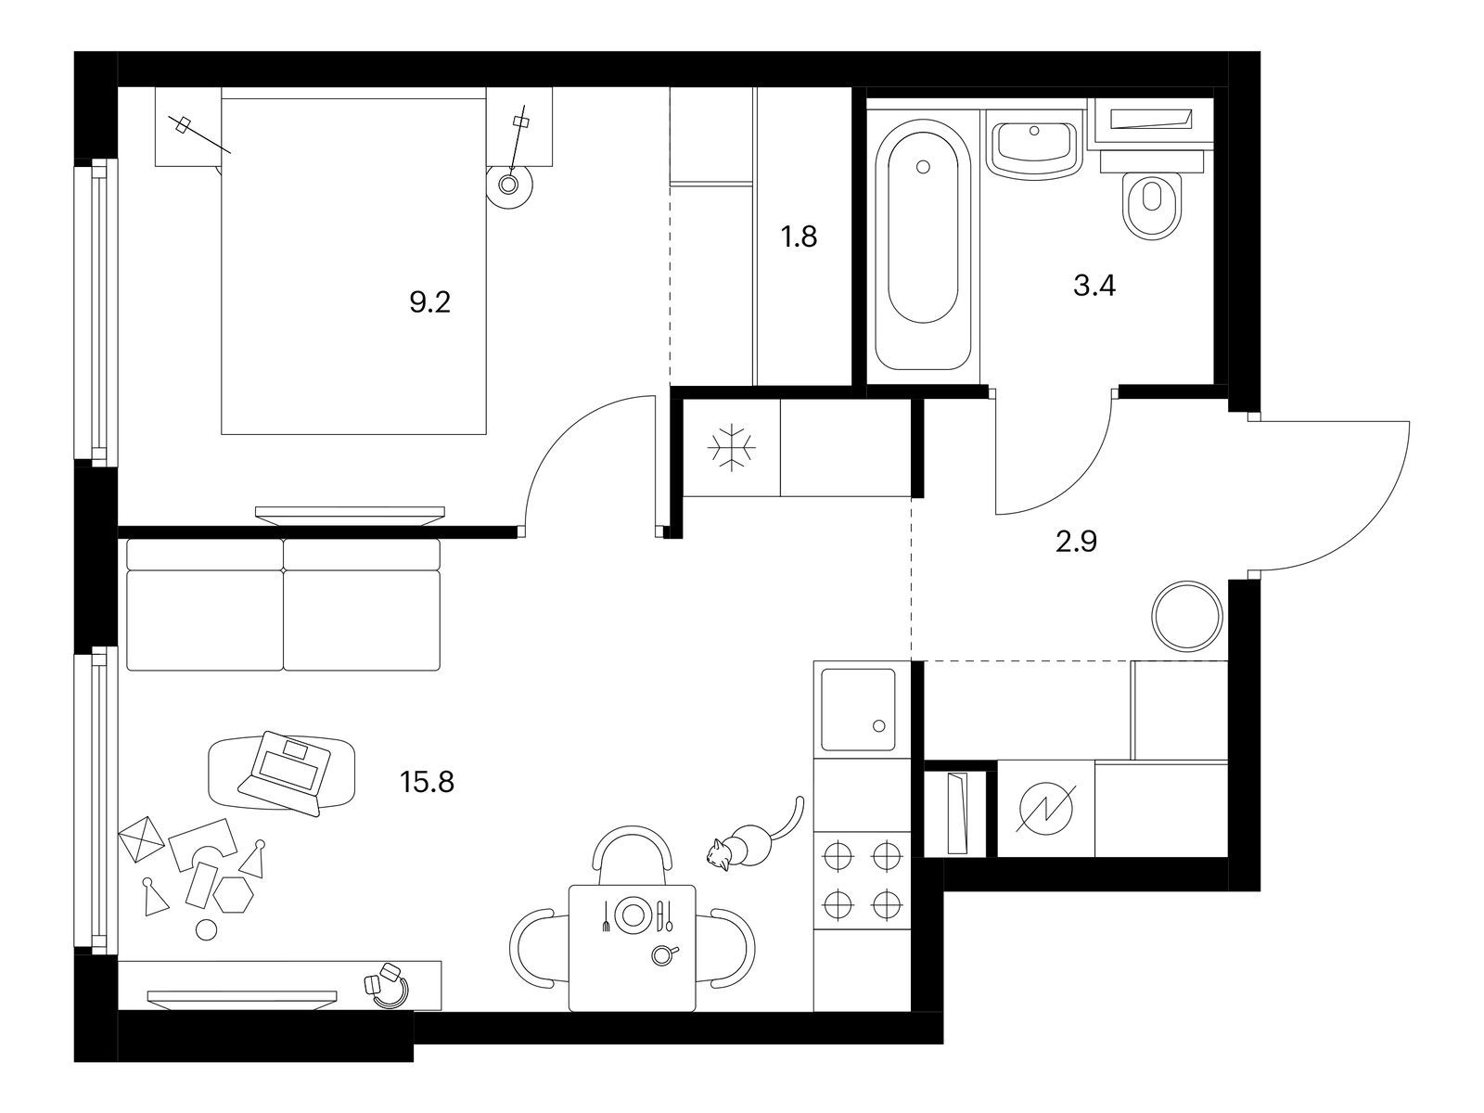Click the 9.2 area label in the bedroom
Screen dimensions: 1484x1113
430,302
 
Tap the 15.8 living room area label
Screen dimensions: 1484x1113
427,783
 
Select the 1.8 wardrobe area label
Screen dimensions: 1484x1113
800,237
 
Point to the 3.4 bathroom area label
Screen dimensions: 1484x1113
1094,286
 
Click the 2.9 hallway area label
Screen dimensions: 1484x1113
1076,542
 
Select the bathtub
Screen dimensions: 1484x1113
924,245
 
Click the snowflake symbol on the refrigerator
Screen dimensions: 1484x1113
732,447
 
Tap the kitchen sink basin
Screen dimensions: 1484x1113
858,710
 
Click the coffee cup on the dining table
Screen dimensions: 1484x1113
663,953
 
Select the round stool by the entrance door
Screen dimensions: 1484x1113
1188,616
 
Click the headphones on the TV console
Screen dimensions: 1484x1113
387,985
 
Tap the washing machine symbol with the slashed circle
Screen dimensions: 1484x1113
1045,808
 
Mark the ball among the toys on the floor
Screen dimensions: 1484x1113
206,930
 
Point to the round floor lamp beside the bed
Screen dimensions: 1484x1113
510,184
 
